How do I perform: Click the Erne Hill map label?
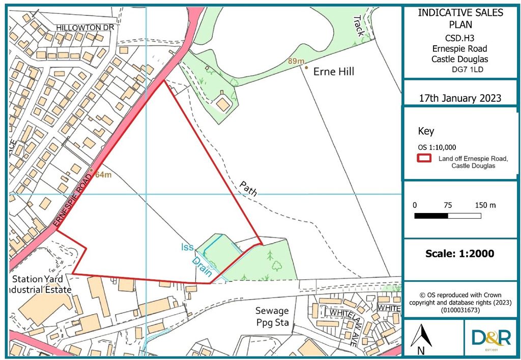coord(333,72)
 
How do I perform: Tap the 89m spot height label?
coord(296,62)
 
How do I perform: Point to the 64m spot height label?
coord(103,175)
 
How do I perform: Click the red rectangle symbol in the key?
coord(425,158)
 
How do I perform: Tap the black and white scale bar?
coord(448,216)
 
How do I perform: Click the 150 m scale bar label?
coord(485,205)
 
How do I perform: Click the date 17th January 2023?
coord(460,98)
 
